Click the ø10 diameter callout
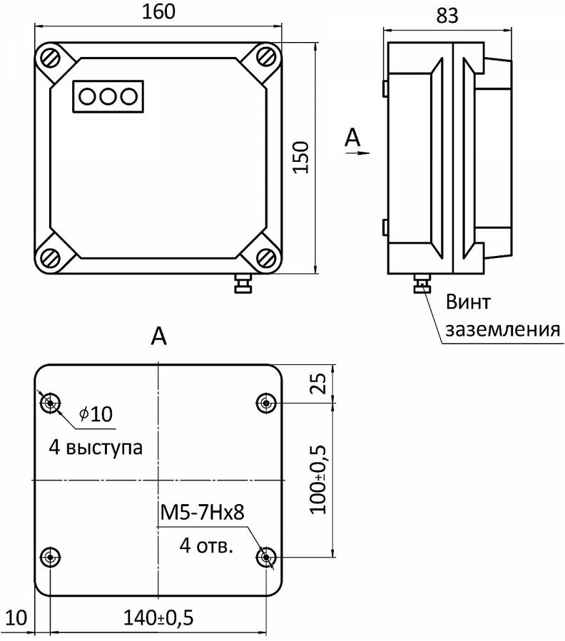pos(96,414)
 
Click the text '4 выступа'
pos(96,448)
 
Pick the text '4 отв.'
pos(205,547)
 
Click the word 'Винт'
pos(469,302)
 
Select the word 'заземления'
pos(501,330)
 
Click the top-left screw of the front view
pos(51,56)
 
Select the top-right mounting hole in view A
pos(266,404)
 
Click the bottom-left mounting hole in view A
pos(50,556)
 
